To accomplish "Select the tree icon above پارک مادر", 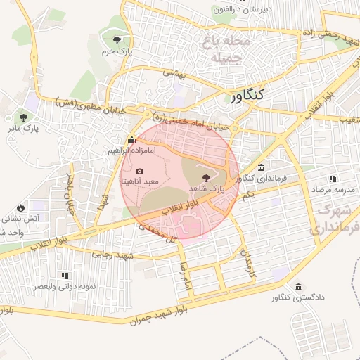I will pos(25,117).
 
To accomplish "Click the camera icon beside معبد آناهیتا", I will pos(139,171).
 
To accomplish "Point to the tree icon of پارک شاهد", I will pos(205,178).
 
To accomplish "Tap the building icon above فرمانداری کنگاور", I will pos(262,167).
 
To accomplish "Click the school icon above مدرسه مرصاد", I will pos(333,179).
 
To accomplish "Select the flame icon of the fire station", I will pos(20,207).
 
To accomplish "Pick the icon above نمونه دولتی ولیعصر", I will pos(65,276).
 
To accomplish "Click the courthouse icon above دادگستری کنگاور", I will pos(300,287).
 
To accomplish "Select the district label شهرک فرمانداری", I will pos(334,219).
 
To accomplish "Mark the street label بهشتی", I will pos(173,72).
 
